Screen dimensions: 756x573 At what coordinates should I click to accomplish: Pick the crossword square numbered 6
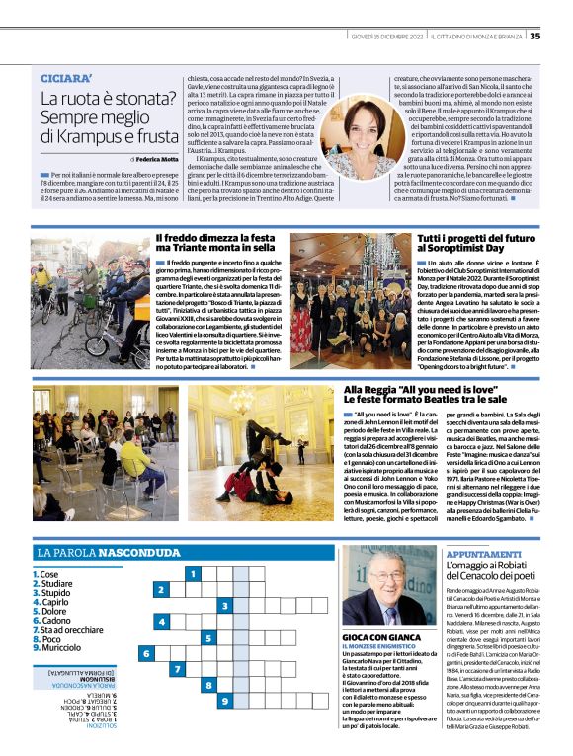click(x=147, y=653)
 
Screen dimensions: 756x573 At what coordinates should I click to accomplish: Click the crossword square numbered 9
click(x=226, y=702)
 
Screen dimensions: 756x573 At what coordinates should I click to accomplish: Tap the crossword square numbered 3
click(x=226, y=605)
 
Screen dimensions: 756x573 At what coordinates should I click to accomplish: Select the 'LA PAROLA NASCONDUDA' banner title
click(x=104, y=553)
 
